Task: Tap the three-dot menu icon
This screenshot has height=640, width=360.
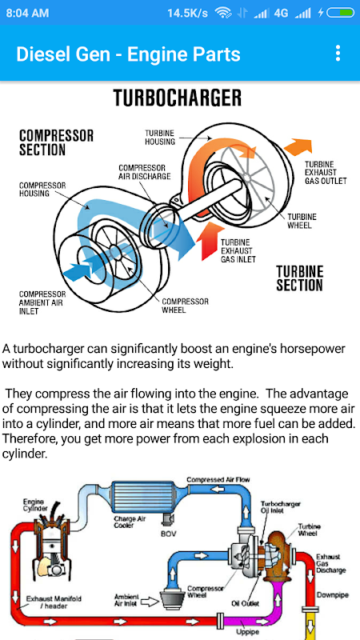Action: coord(338,54)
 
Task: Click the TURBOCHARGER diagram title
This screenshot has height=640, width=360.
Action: coord(177,98)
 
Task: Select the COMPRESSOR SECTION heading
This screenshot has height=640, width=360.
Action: coord(56,142)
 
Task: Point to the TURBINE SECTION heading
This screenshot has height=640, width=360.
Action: coord(299,278)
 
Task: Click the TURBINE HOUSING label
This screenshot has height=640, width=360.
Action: coord(160,138)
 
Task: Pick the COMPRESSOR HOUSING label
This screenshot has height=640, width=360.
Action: coord(42,190)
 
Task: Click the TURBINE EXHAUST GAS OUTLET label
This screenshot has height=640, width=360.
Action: coord(326,172)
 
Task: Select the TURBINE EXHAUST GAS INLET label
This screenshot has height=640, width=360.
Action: coord(238,250)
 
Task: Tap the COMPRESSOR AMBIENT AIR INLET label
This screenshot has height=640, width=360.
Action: coord(42,302)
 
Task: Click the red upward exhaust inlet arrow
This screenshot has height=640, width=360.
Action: coord(207,244)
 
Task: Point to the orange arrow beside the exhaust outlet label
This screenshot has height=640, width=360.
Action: coord(298,147)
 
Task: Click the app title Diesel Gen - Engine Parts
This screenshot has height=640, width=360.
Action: coord(128,54)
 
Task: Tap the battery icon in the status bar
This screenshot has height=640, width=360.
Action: coord(341,13)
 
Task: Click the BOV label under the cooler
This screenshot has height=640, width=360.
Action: coord(168,534)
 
